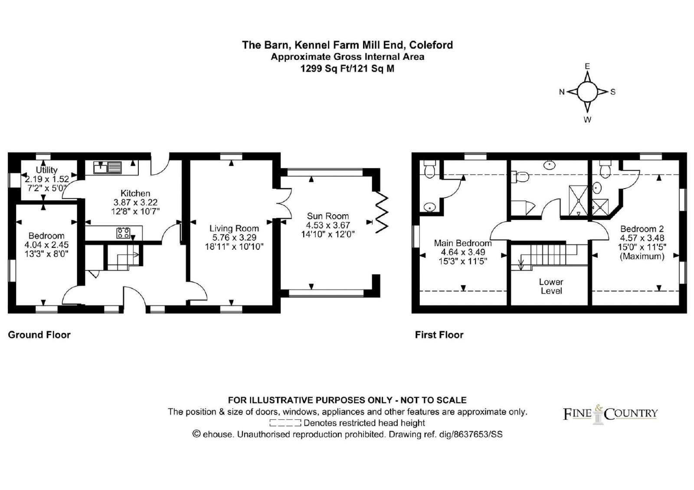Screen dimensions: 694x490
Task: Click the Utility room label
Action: click(x=46, y=170)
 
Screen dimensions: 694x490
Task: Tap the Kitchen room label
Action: click(x=135, y=193)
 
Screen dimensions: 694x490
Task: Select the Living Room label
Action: click(x=234, y=228)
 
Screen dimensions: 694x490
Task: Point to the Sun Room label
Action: click(x=328, y=216)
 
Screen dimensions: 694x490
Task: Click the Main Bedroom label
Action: click(x=462, y=243)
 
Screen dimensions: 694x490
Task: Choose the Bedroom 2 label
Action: click(x=642, y=229)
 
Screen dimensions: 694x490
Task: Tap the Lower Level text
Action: click(x=551, y=286)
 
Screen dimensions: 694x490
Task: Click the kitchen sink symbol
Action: click(x=108, y=167)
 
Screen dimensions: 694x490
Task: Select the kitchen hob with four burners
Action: click(x=123, y=233)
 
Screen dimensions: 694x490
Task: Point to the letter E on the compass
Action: click(x=587, y=66)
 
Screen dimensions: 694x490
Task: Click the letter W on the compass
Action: click(x=587, y=120)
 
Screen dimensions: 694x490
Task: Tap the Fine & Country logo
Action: click(x=610, y=414)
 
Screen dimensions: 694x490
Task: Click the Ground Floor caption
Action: click(x=39, y=335)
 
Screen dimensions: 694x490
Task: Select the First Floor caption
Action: click(x=439, y=335)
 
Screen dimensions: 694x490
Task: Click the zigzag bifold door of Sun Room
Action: click(x=382, y=212)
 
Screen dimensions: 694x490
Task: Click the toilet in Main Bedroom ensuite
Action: click(x=429, y=169)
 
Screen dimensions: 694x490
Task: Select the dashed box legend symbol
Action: click(x=285, y=423)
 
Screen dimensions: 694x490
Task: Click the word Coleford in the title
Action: click(x=431, y=45)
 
